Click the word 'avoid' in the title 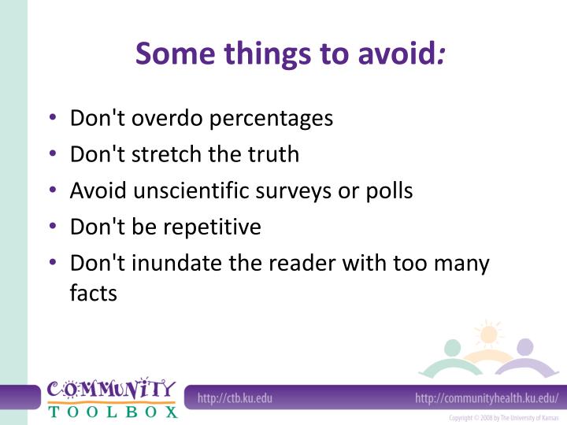[399, 54]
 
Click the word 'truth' [273, 154]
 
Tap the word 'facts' [93, 294]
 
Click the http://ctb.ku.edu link [235, 398]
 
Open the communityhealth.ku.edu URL [487, 398]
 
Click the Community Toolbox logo [111, 397]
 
